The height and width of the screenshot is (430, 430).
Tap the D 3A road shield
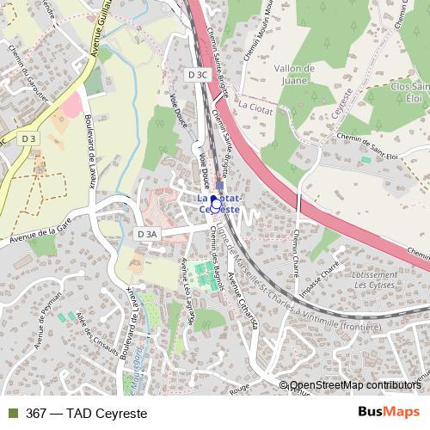pos(147,233)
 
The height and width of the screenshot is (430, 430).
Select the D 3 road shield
pos(29,138)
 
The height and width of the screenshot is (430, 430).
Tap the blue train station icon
pos(219,185)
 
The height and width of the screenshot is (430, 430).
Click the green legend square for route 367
pos(10,413)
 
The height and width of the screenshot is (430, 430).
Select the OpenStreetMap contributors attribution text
pos(353,386)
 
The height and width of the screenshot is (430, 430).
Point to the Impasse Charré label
pos(331,277)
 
